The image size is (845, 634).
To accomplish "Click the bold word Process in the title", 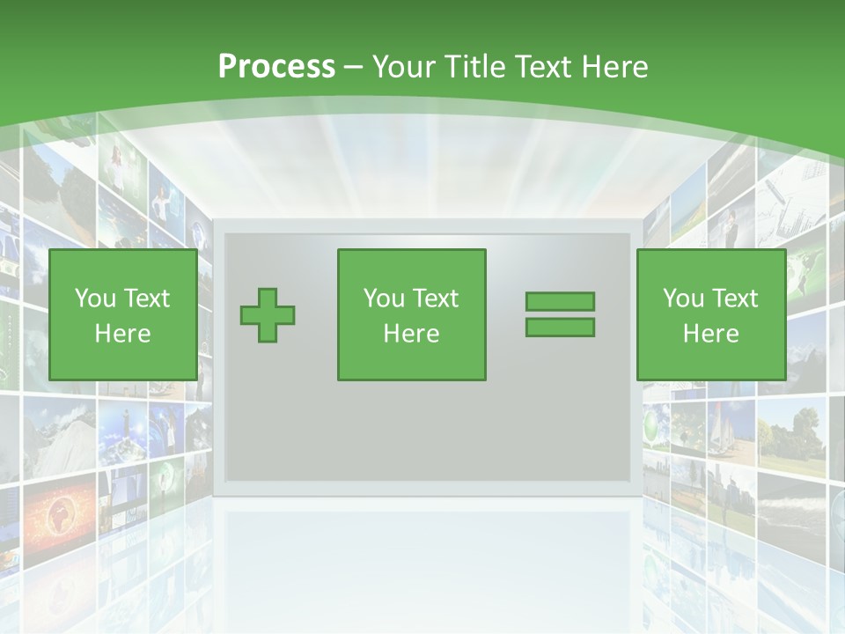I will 276,67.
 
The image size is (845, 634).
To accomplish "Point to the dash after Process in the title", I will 353,67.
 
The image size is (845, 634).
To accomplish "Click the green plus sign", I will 268,315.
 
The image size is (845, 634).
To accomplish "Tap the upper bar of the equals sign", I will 560,301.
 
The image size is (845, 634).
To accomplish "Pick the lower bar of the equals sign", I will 560,327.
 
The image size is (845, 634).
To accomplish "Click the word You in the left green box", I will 95,299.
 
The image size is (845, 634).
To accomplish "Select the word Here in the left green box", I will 122,334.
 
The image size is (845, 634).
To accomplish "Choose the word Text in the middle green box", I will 437,299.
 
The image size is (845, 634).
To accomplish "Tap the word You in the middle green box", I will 384,299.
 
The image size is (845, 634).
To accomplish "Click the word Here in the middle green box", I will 411,334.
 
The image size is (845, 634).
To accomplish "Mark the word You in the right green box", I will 683,299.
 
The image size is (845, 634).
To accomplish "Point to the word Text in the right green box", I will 736,299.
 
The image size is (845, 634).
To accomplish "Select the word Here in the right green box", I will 710,334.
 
